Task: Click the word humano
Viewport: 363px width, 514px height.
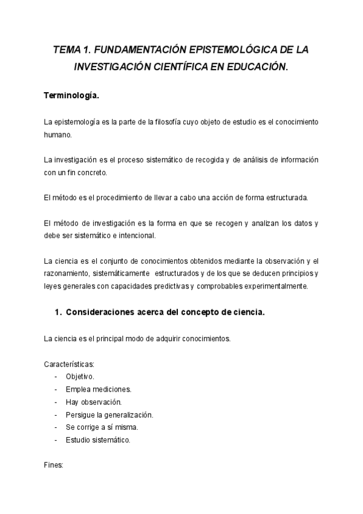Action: click(x=57, y=135)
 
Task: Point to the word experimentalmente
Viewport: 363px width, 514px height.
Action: click(x=275, y=287)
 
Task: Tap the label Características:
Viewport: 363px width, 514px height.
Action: click(x=69, y=364)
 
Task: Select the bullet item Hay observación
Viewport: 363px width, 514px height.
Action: click(x=94, y=402)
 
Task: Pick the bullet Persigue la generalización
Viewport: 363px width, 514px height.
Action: click(x=109, y=415)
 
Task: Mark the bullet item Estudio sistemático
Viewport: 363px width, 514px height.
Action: click(x=97, y=440)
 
